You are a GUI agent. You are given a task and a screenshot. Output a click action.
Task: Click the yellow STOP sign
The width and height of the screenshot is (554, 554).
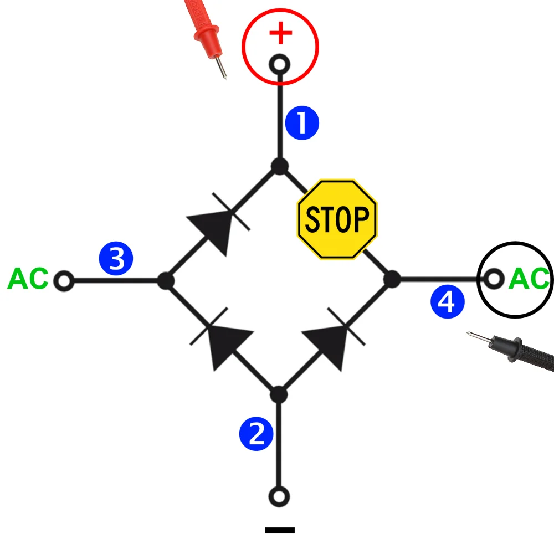[337, 219]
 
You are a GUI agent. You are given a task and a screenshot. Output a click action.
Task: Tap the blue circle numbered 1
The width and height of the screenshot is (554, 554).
[302, 124]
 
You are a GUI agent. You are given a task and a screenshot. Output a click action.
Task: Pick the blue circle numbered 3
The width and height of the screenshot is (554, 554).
[116, 259]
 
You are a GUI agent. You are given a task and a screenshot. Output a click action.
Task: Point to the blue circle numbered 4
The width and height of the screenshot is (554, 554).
[448, 302]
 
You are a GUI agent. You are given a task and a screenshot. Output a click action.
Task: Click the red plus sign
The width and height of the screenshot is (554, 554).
[280, 34]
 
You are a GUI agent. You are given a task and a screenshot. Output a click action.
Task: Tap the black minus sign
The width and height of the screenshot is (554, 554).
[280, 530]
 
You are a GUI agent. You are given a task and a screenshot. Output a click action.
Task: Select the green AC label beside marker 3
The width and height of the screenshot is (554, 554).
[28, 279]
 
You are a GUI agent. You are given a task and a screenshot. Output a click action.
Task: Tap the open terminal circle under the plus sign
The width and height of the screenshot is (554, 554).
[280, 65]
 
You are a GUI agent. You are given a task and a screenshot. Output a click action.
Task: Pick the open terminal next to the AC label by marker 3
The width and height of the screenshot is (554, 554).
[64, 281]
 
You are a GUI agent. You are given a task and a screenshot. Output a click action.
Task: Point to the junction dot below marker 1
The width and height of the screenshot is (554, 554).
[280, 166]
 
